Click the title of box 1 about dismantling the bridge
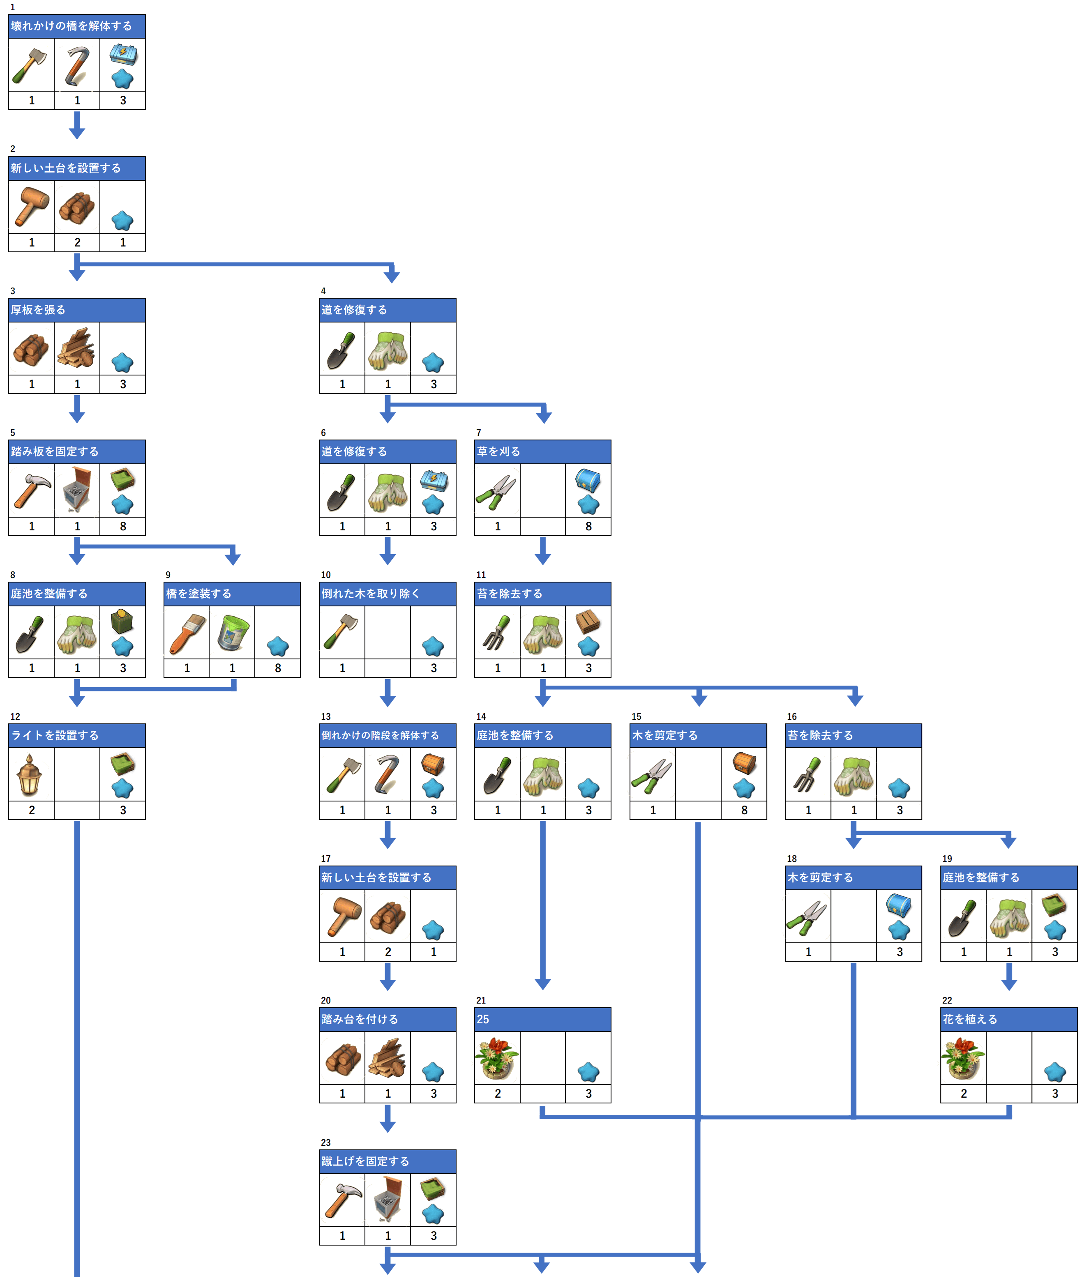pyautogui.click(x=71, y=26)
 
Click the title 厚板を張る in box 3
pyautogui.click(x=38, y=310)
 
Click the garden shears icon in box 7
pyautogui.click(x=497, y=492)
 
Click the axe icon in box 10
pyautogui.click(x=341, y=631)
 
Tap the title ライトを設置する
pyautogui.click(x=55, y=735)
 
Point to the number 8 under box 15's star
pyautogui.click(x=744, y=810)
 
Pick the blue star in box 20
pyautogui.click(x=433, y=1072)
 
